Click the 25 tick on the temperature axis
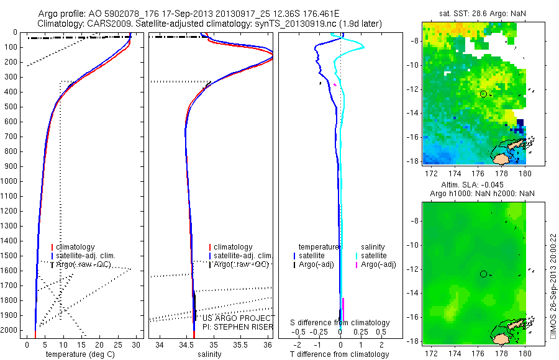[x=118, y=344]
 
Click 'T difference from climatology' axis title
[x=340, y=354]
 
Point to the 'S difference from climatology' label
[x=340, y=323]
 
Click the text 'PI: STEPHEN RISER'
[x=229, y=326]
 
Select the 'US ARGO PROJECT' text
[x=229, y=318]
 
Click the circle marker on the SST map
[x=483, y=94]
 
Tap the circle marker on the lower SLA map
[x=483, y=274]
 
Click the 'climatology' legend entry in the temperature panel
[x=77, y=247]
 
